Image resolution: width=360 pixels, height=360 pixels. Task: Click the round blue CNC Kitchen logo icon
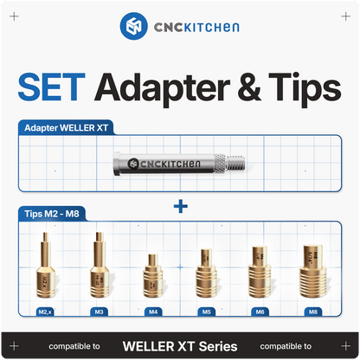point(134,26)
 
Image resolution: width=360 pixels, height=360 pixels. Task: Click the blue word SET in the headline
point(52,87)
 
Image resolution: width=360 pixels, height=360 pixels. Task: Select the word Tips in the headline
point(305,90)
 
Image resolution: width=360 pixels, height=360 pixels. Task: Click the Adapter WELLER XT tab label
point(67,128)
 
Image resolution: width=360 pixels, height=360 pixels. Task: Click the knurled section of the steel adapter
point(221,164)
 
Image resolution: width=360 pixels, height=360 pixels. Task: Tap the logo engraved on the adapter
point(164,164)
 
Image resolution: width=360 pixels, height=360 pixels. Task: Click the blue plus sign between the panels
point(181,206)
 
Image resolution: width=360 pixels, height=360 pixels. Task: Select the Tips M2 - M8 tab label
point(52,214)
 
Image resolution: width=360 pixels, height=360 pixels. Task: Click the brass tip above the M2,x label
point(45,265)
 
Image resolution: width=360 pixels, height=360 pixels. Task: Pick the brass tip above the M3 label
point(100,265)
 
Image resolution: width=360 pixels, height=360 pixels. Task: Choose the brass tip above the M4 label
point(153,276)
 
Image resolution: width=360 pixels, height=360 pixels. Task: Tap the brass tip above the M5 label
point(206,273)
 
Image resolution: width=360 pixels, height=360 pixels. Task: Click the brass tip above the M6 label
point(260,272)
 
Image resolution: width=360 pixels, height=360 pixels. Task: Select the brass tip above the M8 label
point(313,271)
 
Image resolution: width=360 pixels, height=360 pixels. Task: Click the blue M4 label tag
point(153,312)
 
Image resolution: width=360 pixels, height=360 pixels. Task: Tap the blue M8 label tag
point(313,312)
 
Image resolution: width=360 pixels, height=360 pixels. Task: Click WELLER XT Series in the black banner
point(180,346)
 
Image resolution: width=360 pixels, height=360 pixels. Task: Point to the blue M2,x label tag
point(45,312)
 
